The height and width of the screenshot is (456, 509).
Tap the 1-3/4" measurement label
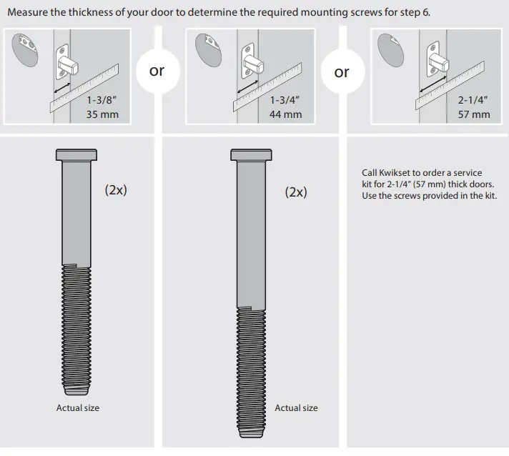(x=285, y=101)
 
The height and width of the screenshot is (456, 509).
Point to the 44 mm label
(x=285, y=114)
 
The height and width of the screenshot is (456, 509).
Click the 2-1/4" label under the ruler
(x=473, y=101)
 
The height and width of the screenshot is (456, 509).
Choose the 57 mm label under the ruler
(x=473, y=114)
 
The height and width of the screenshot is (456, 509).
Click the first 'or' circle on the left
(x=157, y=71)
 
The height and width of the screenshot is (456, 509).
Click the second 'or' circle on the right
(x=342, y=72)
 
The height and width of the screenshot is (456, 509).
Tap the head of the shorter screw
(x=76, y=155)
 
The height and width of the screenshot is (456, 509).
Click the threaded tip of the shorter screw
(x=76, y=390)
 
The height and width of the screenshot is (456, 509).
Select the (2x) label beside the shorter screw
(x=116, y=190)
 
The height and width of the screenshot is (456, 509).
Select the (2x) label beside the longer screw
(x=296, y=192)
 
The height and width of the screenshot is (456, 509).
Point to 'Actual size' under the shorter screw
(x=78, y=408)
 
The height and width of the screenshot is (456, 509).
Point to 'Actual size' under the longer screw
(x=296, y=408)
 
